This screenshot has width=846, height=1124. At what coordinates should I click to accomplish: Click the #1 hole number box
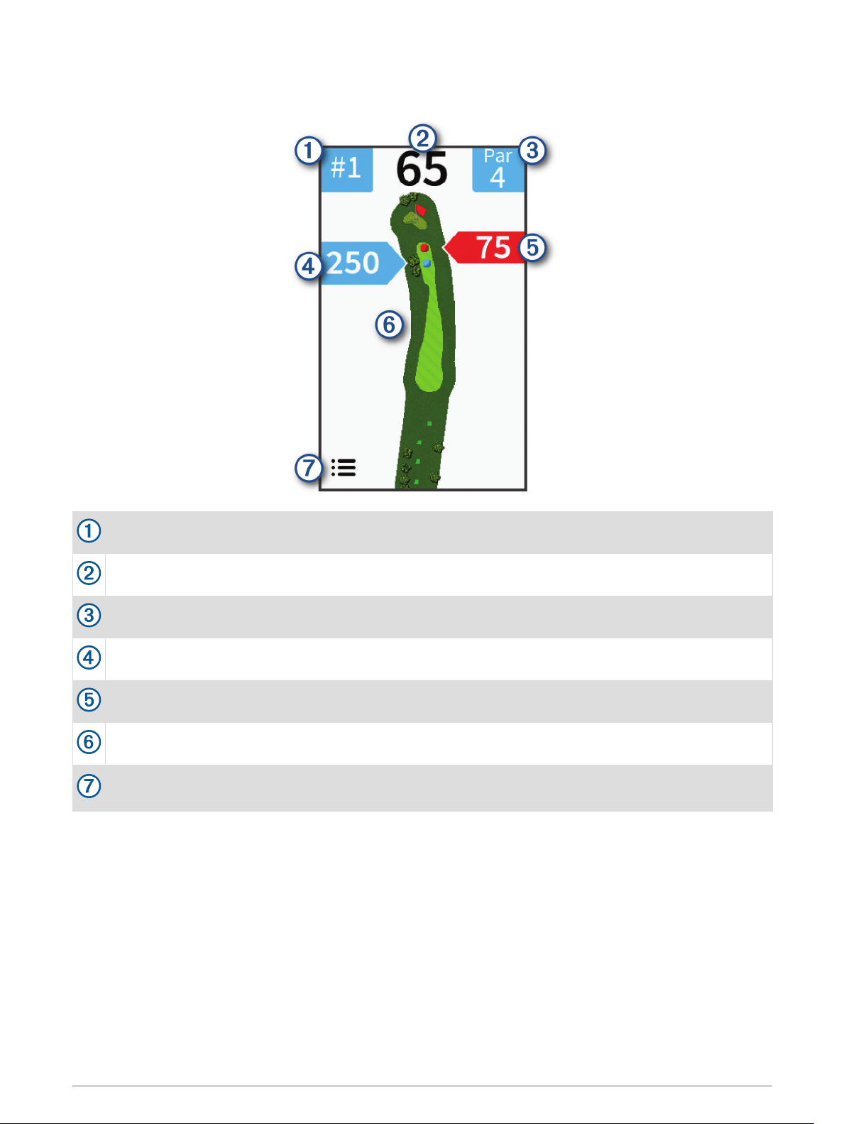(x=346, y=170)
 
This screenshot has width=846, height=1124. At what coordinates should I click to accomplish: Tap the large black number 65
(x=422, y=169)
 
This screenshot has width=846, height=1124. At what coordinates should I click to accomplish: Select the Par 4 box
(x=498, y=170)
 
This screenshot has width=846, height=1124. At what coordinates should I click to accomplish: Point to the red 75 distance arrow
(x=484, y=248)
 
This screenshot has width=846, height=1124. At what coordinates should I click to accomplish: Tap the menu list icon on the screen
(x=344, y=467)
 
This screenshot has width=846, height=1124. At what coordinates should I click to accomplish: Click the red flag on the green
(x=421, y=210)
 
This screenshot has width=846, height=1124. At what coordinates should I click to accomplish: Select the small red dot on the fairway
(x=424, y=248)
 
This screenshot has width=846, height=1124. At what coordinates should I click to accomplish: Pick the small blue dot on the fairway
(x=427, y=263)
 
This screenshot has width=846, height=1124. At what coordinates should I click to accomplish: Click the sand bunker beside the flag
(x=414, y=220)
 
